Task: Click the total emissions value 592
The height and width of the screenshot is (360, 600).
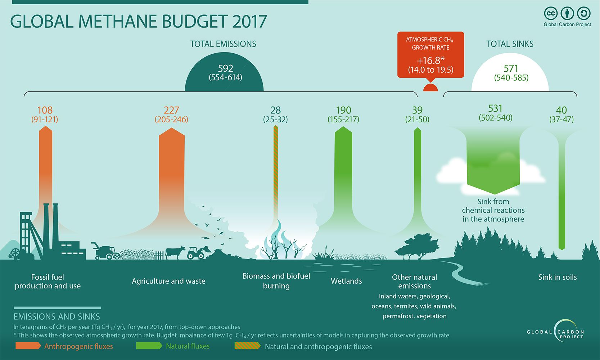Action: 226,68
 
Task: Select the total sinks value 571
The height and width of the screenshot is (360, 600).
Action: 511,68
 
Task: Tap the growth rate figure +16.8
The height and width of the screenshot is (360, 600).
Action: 430,60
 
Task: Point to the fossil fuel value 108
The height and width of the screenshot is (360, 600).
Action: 45,110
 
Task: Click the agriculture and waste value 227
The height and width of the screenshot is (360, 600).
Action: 171,110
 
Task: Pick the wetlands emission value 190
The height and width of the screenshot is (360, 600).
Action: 343,110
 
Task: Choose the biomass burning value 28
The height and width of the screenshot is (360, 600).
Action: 275,110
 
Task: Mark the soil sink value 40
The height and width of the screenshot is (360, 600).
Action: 561,110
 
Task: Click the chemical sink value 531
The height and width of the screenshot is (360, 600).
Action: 495,108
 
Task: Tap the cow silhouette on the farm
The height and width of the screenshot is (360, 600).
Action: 175,252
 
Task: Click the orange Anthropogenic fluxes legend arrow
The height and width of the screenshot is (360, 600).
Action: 28,346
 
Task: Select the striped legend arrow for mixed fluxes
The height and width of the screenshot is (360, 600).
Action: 247,346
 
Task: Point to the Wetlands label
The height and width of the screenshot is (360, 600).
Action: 346,281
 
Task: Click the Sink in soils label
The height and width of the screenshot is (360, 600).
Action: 557,277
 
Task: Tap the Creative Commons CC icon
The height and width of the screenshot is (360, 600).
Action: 550,14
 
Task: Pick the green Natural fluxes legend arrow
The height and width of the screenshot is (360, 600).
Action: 149,346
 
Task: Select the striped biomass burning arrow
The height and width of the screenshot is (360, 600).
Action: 276,173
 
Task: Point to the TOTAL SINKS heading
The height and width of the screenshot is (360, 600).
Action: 510,44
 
